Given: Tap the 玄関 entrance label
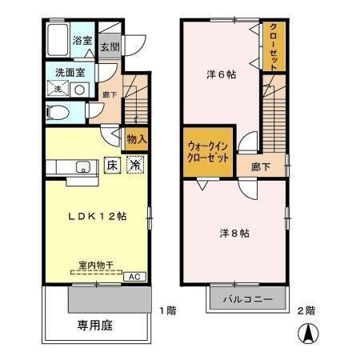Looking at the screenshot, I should pos(110,46).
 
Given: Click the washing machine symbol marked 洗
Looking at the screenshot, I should pos(57,90).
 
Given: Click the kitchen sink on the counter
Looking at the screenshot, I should pos(82,168).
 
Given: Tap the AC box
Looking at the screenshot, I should pos(136,276).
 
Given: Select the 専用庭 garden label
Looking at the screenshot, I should pos(94,326).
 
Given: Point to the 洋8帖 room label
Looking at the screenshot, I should pos(234,234).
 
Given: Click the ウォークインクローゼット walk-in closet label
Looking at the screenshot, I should pos(208,150).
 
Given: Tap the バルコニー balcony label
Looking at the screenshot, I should pos(247,299).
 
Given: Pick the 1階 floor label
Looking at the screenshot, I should pos(166,310).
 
